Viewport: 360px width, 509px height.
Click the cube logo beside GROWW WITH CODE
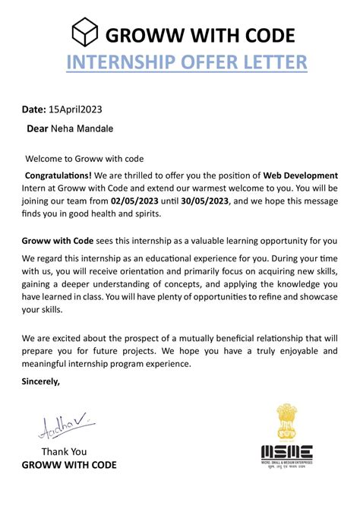coord(85,34)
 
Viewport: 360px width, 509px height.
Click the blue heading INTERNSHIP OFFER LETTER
coord(186,62)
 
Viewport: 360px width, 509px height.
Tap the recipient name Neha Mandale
coord(81,129)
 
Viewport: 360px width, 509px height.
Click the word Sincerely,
coord(39,379)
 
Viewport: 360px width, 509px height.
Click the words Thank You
coord(64,451)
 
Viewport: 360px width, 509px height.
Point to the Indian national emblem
coord(288,421)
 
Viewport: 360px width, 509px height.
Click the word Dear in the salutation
coord(37,129)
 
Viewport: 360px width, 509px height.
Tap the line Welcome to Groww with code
coord(84,159)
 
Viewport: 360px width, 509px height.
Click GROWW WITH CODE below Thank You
coord(69,464)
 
